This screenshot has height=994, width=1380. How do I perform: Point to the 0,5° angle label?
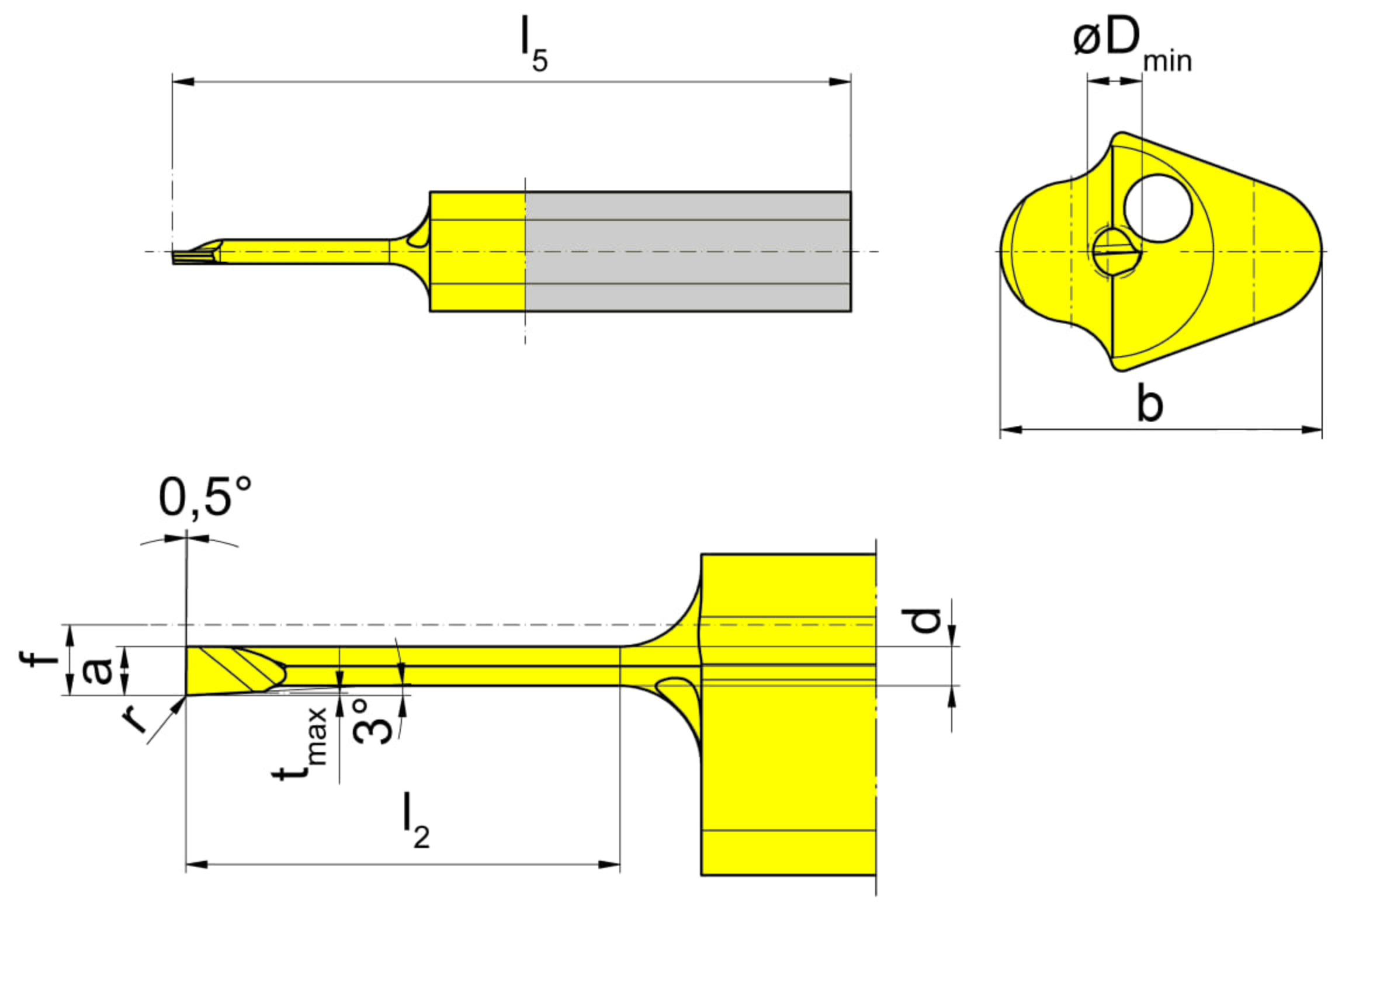coord(205,498)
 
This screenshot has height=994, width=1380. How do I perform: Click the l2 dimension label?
coord(416,820)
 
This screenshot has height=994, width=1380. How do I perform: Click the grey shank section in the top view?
coord(688,251)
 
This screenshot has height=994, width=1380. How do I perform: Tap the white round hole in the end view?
coord(1157,208)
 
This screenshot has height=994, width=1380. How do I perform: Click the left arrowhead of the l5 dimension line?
coord(183,82)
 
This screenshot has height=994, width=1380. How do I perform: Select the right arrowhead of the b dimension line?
coord(1312,430)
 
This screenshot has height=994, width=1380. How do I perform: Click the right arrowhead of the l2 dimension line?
coord(609,864)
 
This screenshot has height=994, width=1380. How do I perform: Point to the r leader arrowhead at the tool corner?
coord(178,704)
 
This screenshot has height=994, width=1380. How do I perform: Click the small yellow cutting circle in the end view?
coord(1116,251)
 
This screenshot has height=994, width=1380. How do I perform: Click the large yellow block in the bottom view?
coord(789,715)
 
